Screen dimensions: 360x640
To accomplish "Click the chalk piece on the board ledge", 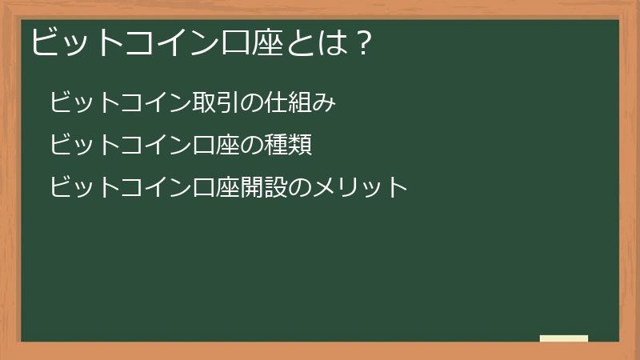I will pyautogui.click(x=564, y=338).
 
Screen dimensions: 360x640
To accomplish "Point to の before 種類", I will pyautogui.click(x=246, y=146).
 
